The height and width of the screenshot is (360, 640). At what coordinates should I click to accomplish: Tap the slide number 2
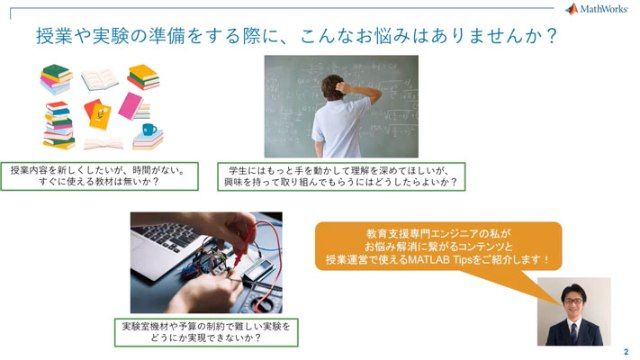(x=626, y=351)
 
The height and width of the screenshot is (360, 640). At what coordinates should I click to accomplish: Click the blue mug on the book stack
(x=149, y=129)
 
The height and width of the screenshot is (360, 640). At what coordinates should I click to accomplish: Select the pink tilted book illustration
(x=131, y=105)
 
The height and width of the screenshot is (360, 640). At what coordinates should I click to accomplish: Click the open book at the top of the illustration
(x=99, y=78)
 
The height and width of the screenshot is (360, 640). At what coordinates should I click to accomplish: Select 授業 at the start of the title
(x=51, y=36)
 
